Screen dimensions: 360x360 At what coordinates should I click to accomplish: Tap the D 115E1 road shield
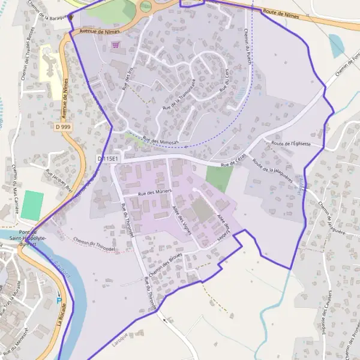108,158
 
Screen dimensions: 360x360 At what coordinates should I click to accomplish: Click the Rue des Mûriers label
155,192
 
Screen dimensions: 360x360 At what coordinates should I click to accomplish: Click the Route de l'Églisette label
291,144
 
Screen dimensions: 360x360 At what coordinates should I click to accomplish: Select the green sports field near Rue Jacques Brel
32,205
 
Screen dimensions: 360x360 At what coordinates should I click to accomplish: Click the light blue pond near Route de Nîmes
337,45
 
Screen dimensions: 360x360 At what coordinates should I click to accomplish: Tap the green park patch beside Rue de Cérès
219,178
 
